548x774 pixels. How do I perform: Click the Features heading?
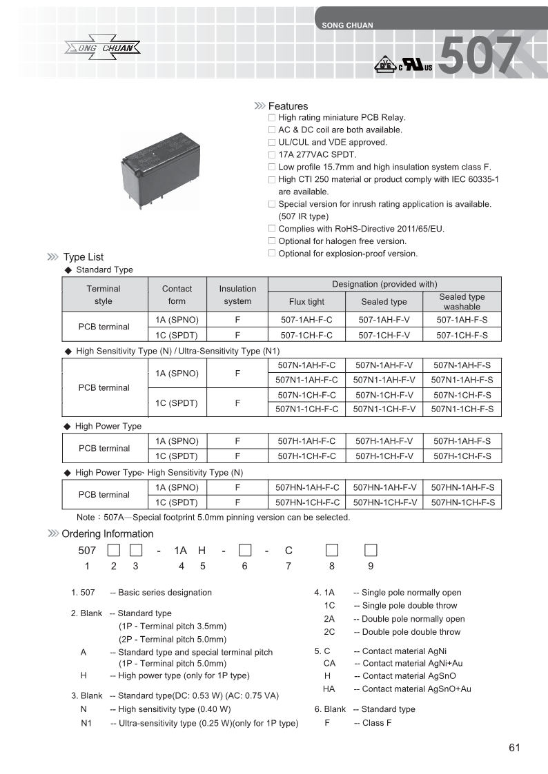[288, 106]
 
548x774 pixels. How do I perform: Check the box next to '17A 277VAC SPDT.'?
[272, 154]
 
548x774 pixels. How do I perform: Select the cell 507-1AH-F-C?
[306, 320]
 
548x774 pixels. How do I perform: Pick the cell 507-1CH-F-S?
[462, 335]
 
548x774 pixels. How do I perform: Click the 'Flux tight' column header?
[306, 302]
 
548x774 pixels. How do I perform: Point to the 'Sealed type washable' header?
[462, 302]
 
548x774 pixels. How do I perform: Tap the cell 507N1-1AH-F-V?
[384, 380]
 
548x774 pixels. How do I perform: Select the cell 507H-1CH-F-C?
[306, 456]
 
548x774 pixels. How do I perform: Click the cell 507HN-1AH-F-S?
[462, 487]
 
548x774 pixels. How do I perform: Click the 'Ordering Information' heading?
[107, 533]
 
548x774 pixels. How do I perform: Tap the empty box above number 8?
[332, 550]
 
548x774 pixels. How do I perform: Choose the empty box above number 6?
[244, 550]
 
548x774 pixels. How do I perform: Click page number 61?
[514, 748]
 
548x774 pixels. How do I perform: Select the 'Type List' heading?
[83, 257]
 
